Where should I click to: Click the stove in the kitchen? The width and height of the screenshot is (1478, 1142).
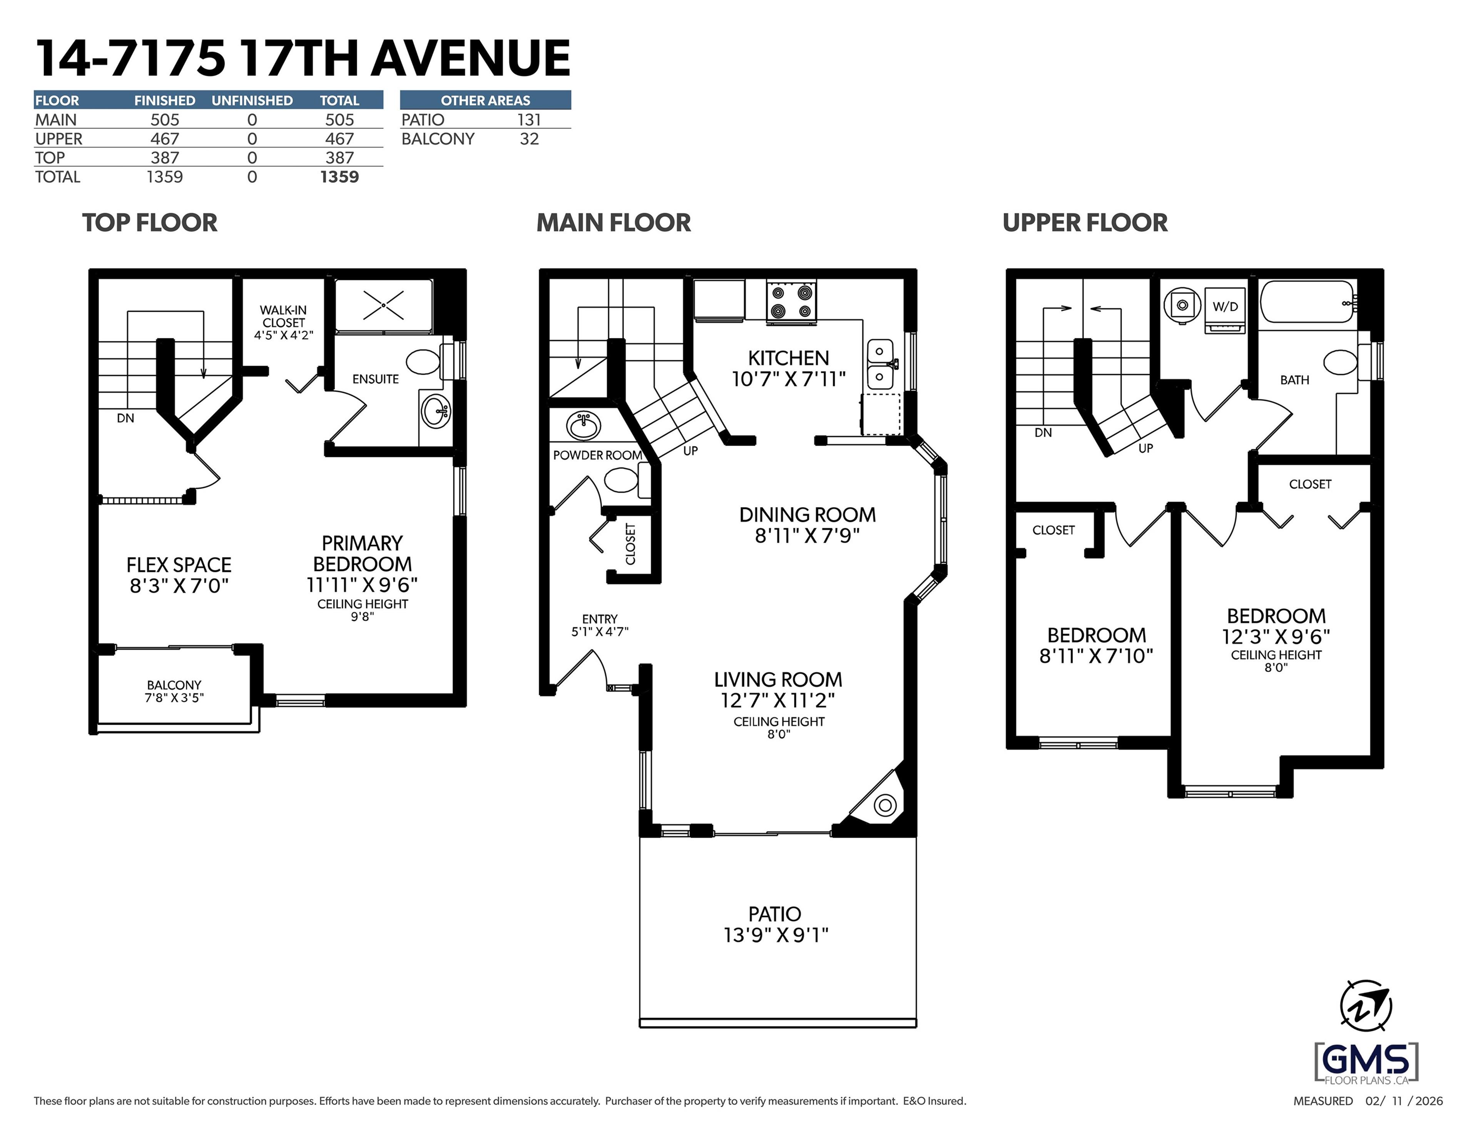(791, 301)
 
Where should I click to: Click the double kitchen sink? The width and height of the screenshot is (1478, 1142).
(880, 364)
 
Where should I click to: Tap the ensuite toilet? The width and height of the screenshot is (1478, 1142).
(424, 362)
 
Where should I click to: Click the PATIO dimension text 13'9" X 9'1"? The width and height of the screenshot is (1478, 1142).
(776, 935)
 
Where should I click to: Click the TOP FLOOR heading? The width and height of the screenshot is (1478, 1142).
(150, 223)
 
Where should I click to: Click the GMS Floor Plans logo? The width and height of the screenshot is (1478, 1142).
(1366, 1062)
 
